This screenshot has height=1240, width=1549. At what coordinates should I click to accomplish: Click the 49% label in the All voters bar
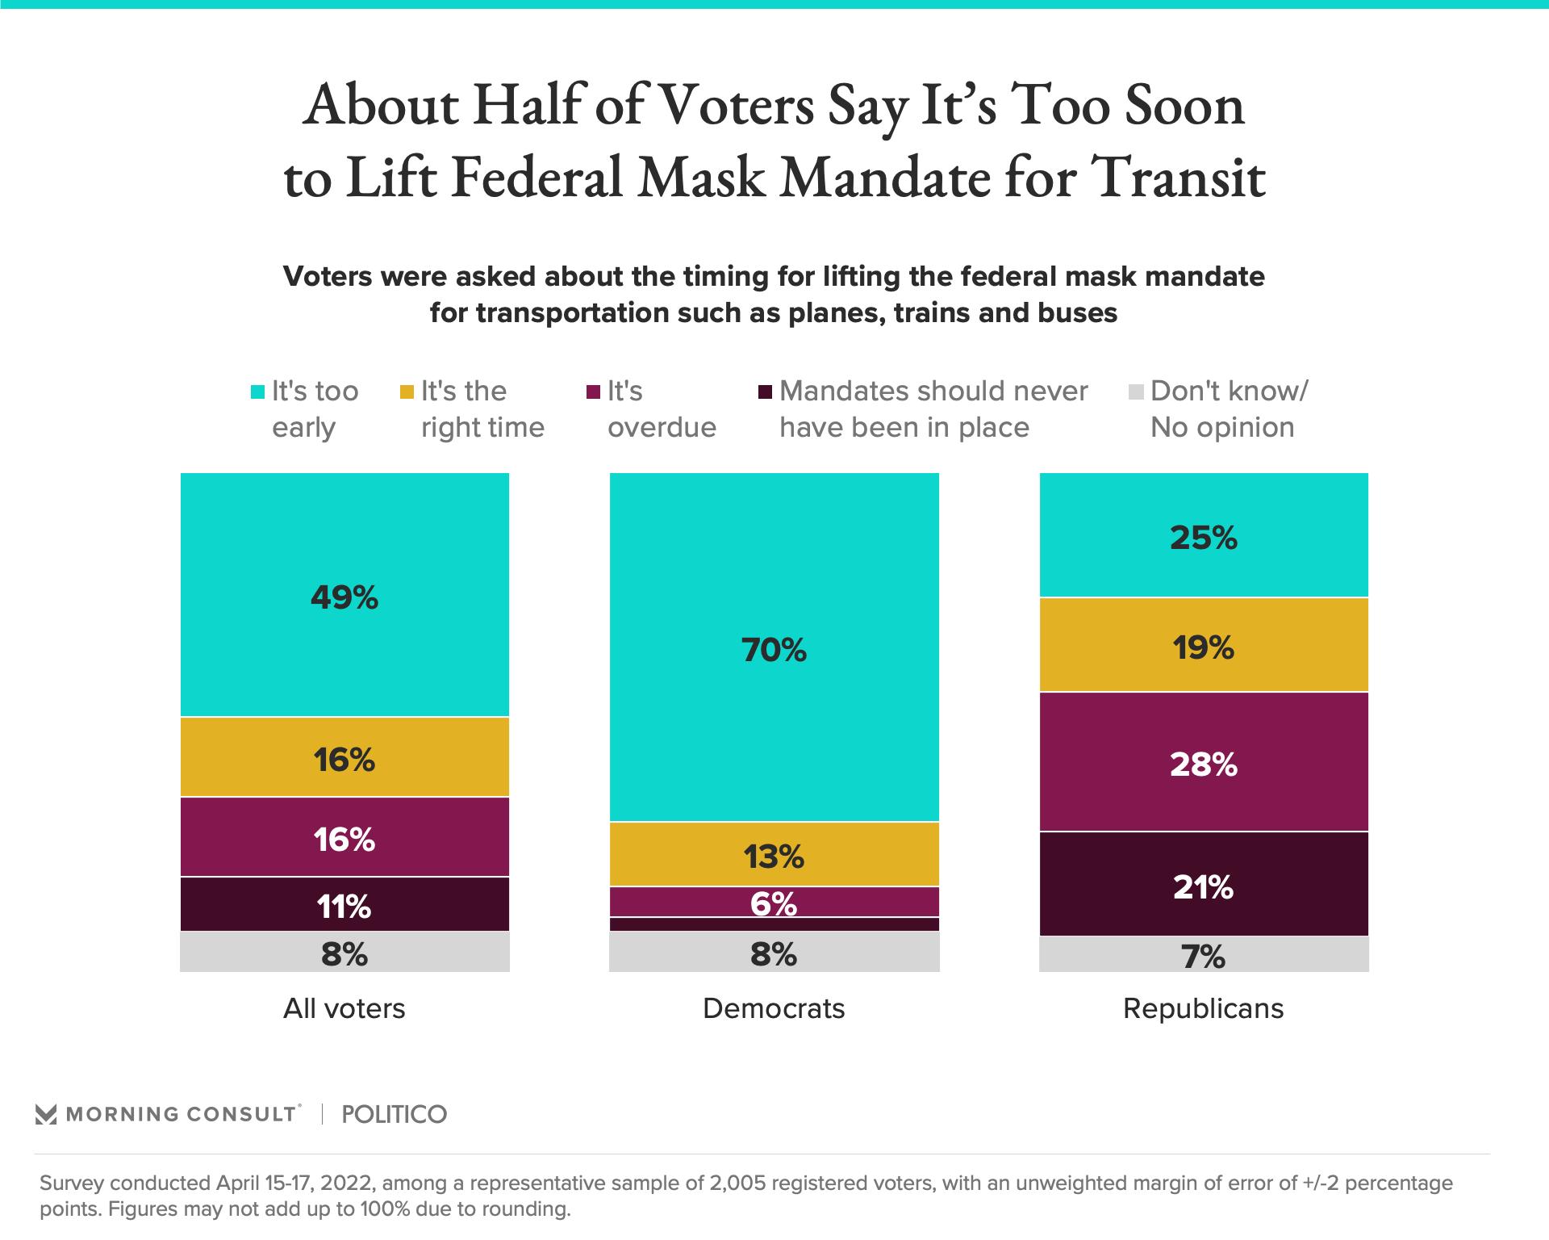[x=344, y=597]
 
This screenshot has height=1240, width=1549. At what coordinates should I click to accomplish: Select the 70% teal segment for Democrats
[x=774, y=649]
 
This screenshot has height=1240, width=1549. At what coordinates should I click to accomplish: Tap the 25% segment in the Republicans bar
[x=1203, y=538]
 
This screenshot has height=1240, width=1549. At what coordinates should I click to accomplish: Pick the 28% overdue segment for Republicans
[x=1203, y=764]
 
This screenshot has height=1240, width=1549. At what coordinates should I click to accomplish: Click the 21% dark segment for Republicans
[x=1203, y=886]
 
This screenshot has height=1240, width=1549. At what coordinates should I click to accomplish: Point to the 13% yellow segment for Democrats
[x=774, y=856]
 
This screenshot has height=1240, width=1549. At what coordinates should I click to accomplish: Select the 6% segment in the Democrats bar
[x=774, y=903]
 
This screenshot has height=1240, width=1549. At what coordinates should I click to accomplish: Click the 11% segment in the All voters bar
[x=344, y=906]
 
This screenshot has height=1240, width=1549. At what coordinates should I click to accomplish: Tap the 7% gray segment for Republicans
[x=1203, y=956]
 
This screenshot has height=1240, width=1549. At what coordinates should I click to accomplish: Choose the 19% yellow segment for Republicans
[x=1203, y=647]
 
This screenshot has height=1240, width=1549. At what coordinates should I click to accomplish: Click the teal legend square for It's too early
[x=258, y=392]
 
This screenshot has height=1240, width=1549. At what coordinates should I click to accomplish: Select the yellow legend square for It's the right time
[x=407, y=392]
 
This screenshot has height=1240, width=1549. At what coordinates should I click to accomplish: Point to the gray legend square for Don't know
[x=1136, y=392]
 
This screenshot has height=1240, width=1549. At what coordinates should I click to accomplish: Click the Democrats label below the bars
[x=774, y=1008]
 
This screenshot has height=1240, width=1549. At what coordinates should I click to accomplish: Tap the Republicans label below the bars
[x=1203, y=1008]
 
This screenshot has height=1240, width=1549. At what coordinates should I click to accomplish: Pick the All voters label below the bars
[x=344, y=1008]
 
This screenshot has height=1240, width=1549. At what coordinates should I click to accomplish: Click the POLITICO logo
[x=394, y=1114]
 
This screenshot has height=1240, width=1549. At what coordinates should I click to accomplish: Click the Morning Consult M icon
[x=46, y=1114]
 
